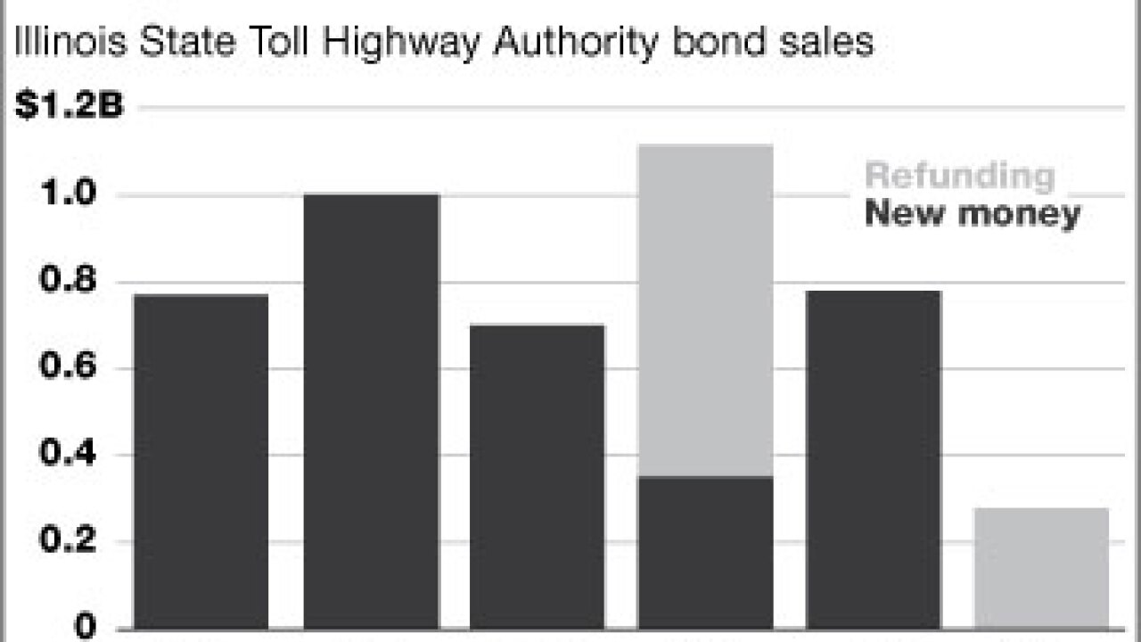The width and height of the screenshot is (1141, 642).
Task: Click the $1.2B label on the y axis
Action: (x=69, y=108)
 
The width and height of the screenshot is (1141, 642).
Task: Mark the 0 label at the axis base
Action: (x=86, y=627)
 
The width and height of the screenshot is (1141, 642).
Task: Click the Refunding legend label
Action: (x=959, y=176)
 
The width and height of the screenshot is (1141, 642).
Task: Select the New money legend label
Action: (x=972, y=214)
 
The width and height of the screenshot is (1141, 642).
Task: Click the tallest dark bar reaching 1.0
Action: (x=371, y=410)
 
